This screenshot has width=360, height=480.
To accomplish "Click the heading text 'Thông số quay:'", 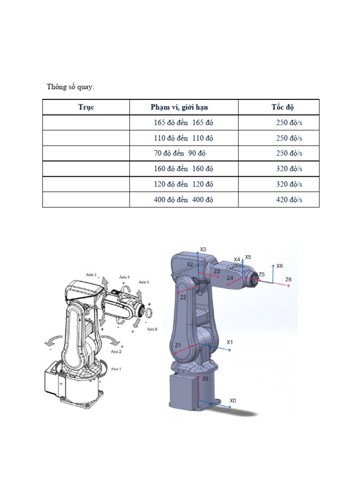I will [70, 87].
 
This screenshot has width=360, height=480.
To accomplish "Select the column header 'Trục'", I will [86, 107].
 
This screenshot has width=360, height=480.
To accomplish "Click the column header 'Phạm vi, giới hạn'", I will [179, 107].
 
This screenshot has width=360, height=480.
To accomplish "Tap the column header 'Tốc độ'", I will [282, 107].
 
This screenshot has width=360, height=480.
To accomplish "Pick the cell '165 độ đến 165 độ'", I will [183, 123].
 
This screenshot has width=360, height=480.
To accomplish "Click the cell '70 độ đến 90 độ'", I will [180, 153].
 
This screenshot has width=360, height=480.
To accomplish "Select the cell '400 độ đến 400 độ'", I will [183, 200].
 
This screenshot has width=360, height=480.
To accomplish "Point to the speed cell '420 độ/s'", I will [289, 200].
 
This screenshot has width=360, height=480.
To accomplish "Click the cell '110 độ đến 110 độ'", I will [183, 138].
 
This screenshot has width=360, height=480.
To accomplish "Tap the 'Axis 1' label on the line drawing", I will [116, 369].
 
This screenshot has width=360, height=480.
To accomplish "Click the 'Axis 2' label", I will [116, 351].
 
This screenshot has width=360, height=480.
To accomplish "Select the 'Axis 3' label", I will [91, 275].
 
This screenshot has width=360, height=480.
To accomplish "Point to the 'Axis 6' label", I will [152, 329].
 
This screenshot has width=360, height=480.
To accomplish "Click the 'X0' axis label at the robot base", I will [233, 400].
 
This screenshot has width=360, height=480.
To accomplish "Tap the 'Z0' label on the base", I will [205, 378].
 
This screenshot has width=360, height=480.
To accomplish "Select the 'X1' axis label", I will [230, 342].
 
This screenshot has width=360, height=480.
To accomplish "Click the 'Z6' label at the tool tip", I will [289, 279].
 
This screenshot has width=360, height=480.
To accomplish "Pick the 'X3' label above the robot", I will [203, 249].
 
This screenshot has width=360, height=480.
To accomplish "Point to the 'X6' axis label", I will [279, 266].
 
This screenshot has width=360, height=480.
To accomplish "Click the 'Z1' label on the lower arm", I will [178, 345].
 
